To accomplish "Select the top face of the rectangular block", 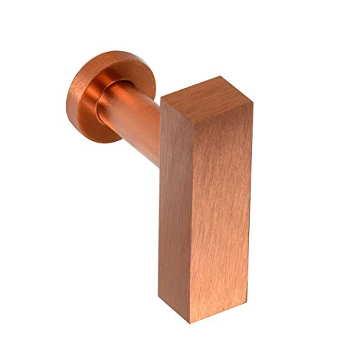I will [206, 91].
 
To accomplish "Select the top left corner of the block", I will [161, 100].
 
